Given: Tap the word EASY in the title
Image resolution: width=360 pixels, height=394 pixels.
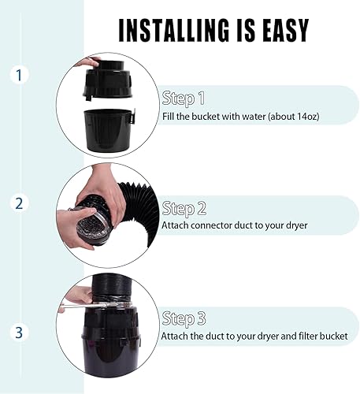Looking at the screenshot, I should [279, 29].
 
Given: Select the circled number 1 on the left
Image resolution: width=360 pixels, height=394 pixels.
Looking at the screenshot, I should [19, 76].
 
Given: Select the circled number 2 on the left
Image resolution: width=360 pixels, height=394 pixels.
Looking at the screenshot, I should [19, 203].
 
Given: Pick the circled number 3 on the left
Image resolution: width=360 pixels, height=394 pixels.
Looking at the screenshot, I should [19, 331].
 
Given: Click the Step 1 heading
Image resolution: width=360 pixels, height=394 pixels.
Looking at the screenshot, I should [183, 99].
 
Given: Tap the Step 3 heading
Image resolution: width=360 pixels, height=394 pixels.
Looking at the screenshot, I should [183, 319].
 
